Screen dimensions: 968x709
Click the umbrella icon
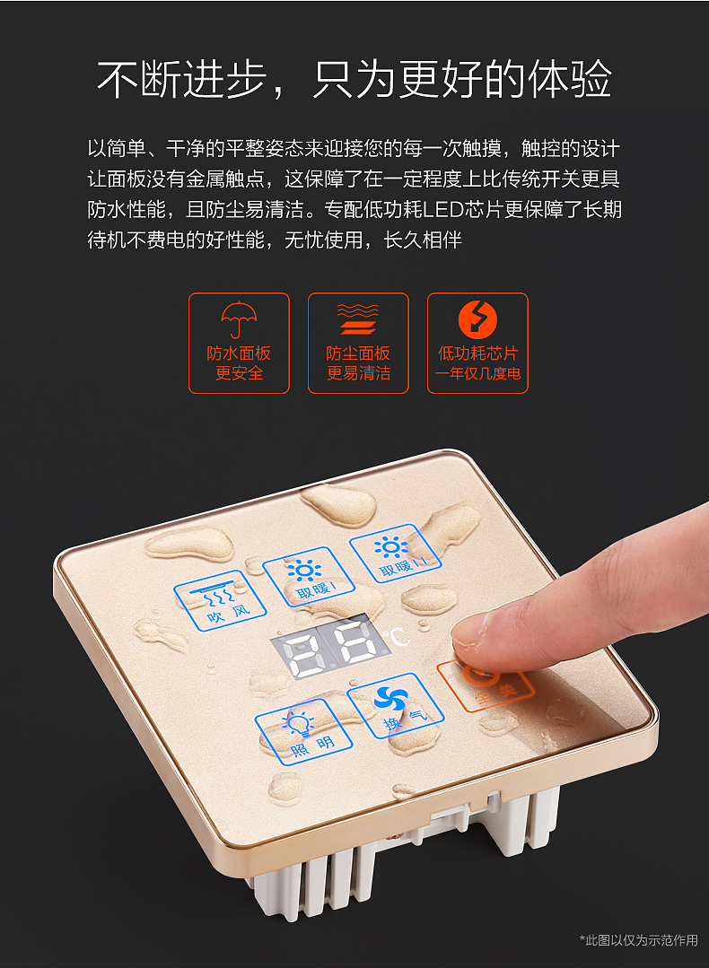coord(239,318)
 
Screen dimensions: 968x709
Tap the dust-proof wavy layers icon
coord(358,318)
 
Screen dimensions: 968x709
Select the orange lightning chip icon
coord(477,318)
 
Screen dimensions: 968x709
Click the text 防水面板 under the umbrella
coord(239,353)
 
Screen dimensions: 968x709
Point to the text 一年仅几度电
coord(477,373)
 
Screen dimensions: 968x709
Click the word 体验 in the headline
coord(569,79)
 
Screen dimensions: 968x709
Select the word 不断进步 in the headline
coord(183,79)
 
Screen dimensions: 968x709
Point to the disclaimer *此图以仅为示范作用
coord(638,939)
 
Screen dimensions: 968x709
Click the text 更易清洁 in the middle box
coord(358,373)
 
